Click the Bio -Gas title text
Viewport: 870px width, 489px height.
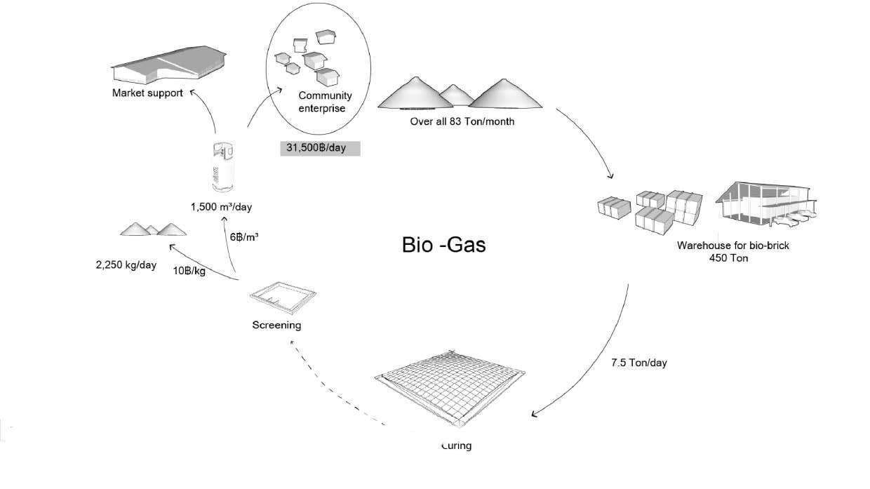(443, 245)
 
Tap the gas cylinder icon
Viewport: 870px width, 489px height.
(223, 166)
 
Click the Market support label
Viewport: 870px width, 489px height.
(147, 93)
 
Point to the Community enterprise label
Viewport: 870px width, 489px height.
(325, 102)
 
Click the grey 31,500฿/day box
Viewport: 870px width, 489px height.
(320, 148)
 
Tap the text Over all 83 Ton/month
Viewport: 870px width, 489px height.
(462, 121)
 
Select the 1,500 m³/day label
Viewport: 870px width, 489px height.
(221, 207)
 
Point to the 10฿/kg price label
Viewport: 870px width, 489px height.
(189, 271)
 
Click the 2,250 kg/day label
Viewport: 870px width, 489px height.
(126, 265)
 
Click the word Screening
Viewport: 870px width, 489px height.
(276, 325)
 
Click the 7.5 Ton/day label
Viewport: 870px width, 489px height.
(638, 363)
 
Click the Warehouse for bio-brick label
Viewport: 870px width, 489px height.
(732, 246)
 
